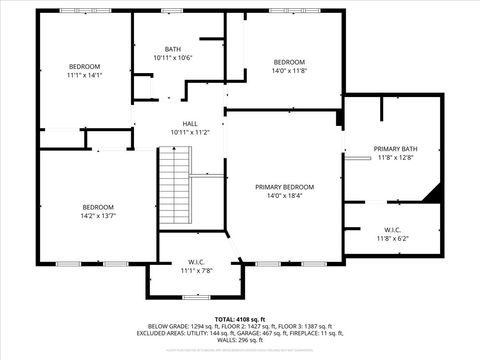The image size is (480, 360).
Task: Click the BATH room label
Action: click(x=173, y=50)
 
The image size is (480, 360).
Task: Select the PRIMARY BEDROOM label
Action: click(x=284, y=187)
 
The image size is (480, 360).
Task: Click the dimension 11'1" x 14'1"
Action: click(x=85, y=75)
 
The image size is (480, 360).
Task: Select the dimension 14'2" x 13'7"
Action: click(x=98, y=216)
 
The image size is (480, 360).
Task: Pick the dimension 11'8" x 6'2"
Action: click(x=393, y=238)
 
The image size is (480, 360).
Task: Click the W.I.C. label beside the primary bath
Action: click(x=393, y=230)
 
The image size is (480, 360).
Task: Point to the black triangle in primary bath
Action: click(x=433, y=194)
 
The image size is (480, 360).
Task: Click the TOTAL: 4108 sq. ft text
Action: click(x=240, y=319)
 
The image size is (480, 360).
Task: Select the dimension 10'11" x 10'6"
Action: click(x=173, y=58)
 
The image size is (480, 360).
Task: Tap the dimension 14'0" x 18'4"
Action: click(x=284, y=196)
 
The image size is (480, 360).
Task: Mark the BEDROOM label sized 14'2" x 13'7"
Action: click(x=98, y=207)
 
